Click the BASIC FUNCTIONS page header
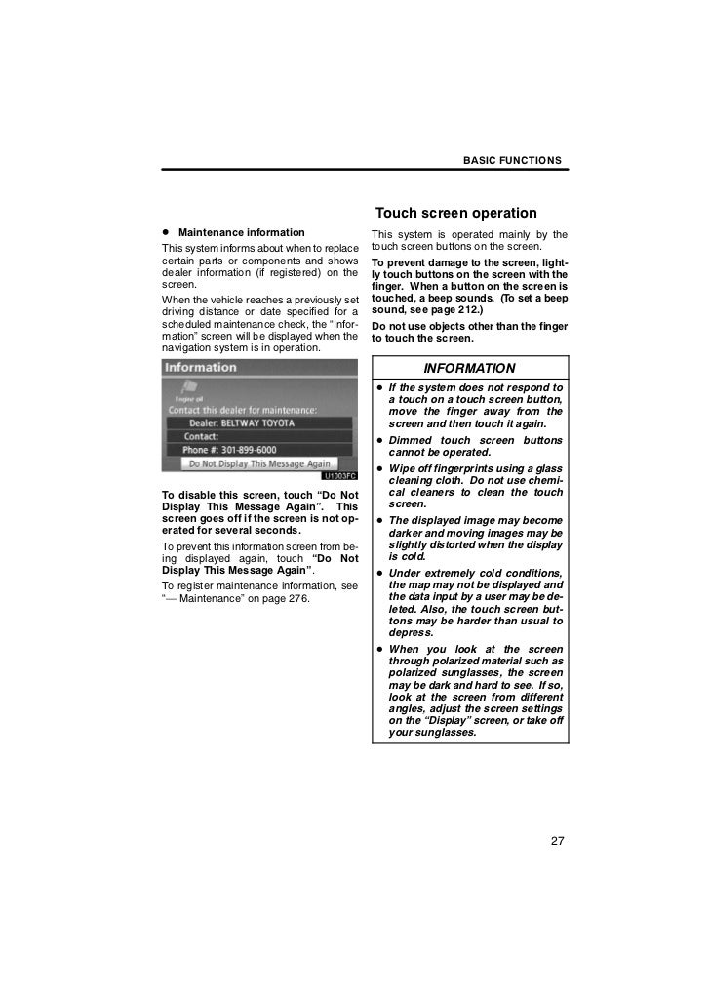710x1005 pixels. tap(511, 159)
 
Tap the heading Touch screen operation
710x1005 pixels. tap(455, 213)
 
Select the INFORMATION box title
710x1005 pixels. tap(469, 369)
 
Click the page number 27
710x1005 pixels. tap(556, 842)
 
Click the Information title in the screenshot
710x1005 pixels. tap(201, 368)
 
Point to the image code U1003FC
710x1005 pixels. tap(338, 475)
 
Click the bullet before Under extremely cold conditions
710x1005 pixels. tap(378, 573)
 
